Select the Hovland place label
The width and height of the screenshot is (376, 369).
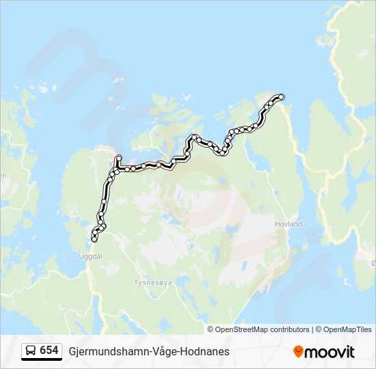288,223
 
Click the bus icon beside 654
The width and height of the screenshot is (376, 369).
31,351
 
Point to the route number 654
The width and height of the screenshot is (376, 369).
49,351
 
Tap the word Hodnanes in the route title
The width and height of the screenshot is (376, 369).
205,351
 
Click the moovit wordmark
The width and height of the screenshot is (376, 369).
330,352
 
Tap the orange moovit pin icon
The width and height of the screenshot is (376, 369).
298,351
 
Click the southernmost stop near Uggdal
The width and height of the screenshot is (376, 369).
94,239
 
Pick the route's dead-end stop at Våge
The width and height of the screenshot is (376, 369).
118,157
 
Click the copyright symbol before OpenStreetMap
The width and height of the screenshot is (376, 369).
211,329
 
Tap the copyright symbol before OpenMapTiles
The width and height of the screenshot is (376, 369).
319,329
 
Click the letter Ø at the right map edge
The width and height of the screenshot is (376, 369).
373,263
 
